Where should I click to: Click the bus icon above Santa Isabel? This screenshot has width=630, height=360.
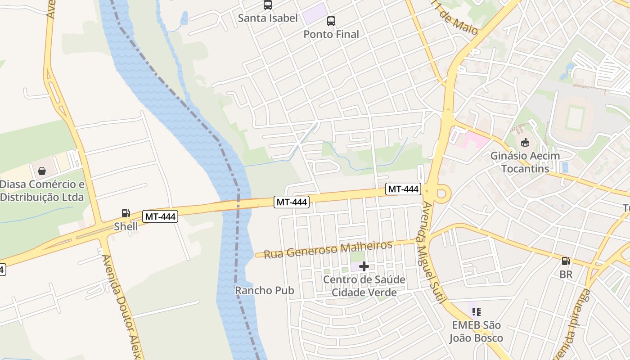click(x=268, y=5)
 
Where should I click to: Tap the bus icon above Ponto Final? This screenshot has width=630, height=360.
click(x=331, y=21)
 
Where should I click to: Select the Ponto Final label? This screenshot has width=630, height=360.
click(x=331, y=34)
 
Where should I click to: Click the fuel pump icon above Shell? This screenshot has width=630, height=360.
click(x=126, y=213)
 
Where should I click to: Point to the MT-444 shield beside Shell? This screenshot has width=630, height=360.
click(x=161, y=217)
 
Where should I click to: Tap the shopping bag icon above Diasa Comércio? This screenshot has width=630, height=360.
click(x=42, y=171)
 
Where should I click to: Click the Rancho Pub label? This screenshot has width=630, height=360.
click(x=265, y=291)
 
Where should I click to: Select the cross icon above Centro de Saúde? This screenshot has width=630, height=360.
click(x=364, y=266)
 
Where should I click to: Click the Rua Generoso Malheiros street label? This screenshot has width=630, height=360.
click(x=328, y=249)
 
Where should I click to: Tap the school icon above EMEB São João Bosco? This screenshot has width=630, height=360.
click(x=477, y=311)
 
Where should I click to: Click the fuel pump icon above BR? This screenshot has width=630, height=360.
click(x=566, y=261)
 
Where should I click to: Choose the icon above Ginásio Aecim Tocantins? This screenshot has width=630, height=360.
click(x=525, y=143)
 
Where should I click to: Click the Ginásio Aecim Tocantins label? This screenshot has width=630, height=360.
click(x=525, y=162)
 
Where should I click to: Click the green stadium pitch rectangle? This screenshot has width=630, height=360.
click(x=575, y=117)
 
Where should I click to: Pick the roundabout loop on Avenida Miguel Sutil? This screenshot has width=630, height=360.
click(x=442, y=194)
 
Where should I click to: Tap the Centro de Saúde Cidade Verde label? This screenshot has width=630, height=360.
click(x=364, y=286)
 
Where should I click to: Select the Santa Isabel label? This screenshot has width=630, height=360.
click(x=268, y=18)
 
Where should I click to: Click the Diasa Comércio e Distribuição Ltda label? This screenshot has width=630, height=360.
click(x=42, y=191)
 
